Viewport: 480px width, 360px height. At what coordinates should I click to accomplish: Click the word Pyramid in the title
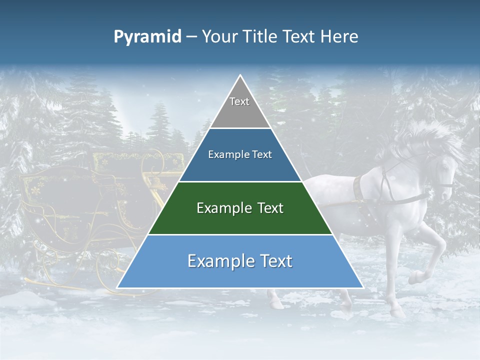coord(147,37)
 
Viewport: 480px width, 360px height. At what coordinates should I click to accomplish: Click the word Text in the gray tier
coord(239,101)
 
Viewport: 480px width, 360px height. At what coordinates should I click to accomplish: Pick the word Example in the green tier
coord(222,208)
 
